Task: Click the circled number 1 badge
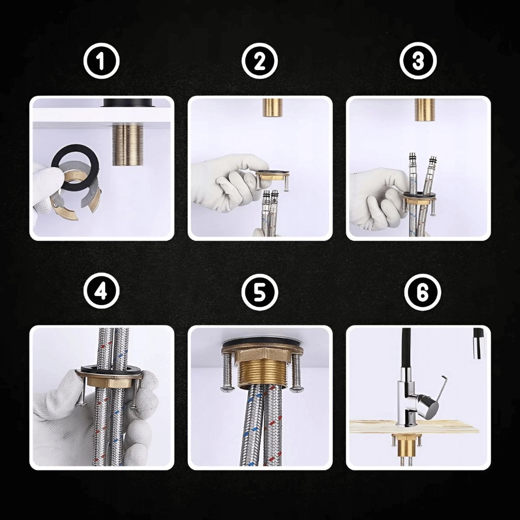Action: pyautogui.click(x=101, y=61)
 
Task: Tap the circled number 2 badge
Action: pyautogui.click(x=259, y=61)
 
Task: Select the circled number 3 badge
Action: pyautogui.click(x=418, y=61)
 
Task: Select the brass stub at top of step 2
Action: pyautogui.click(x=273, y=107)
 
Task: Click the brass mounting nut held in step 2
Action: pyautogui.click(x=273, y=175)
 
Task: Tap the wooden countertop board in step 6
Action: pyautogui.click(x=414, y=427)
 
